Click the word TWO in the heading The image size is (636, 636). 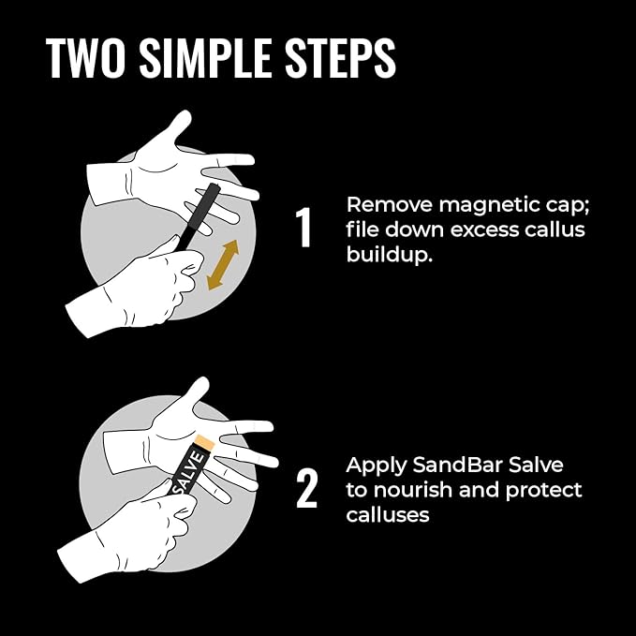pos(85,57)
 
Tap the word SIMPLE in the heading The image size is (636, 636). pos(205,57)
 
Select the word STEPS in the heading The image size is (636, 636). pos(340,57)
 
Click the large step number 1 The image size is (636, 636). pos(303,227)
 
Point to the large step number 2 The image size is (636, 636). pos(306,488)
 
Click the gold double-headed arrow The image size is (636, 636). pos(223,265)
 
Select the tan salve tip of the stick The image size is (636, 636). pos(205,442)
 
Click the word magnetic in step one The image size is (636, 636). pos(489,205)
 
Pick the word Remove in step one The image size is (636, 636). pos(390,205)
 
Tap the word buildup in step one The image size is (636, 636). pos(389,255)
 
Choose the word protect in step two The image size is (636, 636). pos(543,491)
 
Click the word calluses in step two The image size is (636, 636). pos(388,515)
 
